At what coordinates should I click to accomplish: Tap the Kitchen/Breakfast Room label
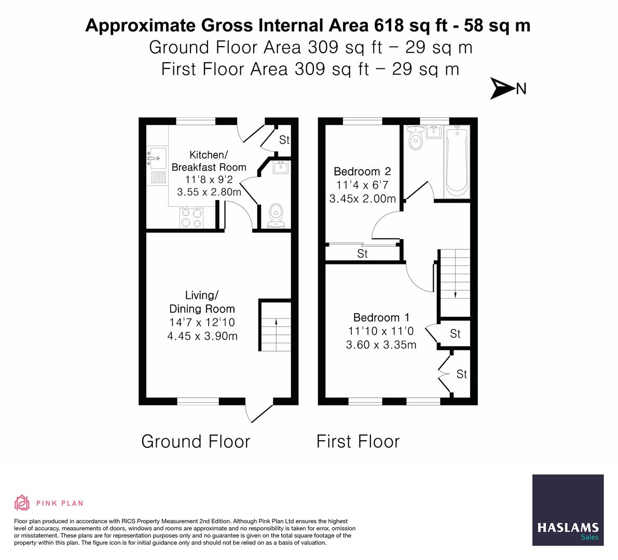pyautogui.click(x=209, y=161)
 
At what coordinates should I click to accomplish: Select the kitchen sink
pyautogui.click(x=157, y=158)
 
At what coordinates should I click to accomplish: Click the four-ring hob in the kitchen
pyautogui.click(x=191, y=218)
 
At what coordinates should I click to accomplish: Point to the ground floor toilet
pyautogui.click(x=276, y=216)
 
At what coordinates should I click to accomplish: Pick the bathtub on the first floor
pyautogui.click(x=457, y=161)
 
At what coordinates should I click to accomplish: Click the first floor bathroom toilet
pyautogui.click(x=416, y=137)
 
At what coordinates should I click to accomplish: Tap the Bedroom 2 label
pyautogui.click(x=362, y=171)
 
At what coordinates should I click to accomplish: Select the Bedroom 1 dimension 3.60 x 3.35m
pyautogui.click(x=381, y=345)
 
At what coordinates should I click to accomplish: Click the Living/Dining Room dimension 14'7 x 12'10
pyautogui.click(x=202, y=322)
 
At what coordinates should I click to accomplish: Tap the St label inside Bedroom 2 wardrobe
pyautogui.click(x=362, y=254)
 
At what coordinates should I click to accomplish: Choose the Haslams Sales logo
pyautogui.click(x=568, y=510)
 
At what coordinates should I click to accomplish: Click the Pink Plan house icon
pyautogui.click(x=22, y=502)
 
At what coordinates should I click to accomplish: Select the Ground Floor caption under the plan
pyautogui.click(x=196, y=441)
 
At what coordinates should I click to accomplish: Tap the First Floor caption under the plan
pyautogui.click(x=358, y=441)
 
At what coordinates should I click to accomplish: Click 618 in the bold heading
pyautogui.click(x=389, y=25)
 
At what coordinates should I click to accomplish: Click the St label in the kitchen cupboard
pyautogui.click(x=284, y=140)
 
